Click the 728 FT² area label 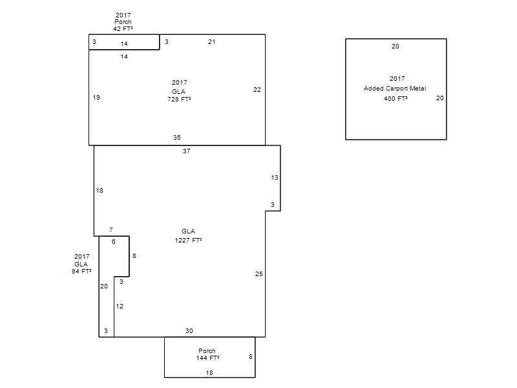pyautogui.click(x=179, y=99)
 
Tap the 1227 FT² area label pyautogui.click(x=188, y=240)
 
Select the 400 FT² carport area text pyautogui.click(x=396, y=98)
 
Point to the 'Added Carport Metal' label pyautogui.click(x=395, y=89)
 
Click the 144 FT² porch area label pyautogui.click(x=207, y=358)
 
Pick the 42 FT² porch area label pyautogui.click(x=123, y=28)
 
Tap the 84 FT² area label pyautogui.click(x=81, y=271)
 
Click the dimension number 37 pyautogui.click(x=187, y=151)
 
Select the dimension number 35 pyautogui.click(x=176, y=138)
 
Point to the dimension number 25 pyautogui.click(x=259, y=274)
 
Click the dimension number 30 pyautogui.click(x=189, y=331)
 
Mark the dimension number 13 pyautogui.click(x=275, y=177)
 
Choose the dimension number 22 pyautogui.click(x=257, y=90)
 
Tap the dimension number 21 pyautogui.click(x=212, y=42)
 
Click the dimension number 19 pyautogui.click(x=96, y=98)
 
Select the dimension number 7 pyautogui.click(x=111, y=230)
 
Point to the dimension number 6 pyautogui.click(x=114, y=241)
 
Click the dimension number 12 pyautogui.click(x=120, y=306)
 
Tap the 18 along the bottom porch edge pyautogui.click(x=209, y=373)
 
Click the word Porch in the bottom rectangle pyautogui.click(x=207, y=350)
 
